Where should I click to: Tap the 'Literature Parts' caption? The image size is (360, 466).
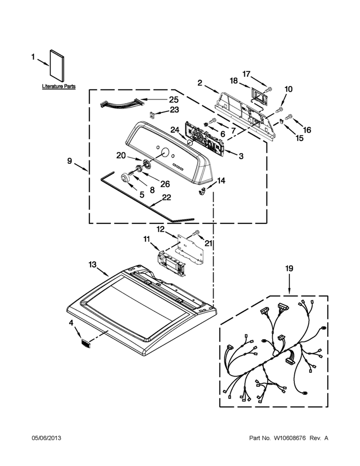59,86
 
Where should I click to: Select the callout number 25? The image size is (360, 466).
174,99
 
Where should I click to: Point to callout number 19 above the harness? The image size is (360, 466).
289,269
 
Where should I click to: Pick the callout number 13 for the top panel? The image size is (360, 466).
92,264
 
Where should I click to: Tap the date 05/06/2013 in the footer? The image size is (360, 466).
47,438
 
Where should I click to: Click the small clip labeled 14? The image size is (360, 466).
202,192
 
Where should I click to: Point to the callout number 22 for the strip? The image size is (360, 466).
167,197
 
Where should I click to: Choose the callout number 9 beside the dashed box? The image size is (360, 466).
70,161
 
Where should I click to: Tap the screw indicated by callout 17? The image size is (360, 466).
269,88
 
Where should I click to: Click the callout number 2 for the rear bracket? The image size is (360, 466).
200,83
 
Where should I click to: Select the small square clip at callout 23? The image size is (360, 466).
152,114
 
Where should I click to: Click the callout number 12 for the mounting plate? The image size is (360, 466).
161,229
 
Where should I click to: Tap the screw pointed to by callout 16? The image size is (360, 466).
288,118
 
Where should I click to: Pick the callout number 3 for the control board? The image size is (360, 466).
241,156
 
